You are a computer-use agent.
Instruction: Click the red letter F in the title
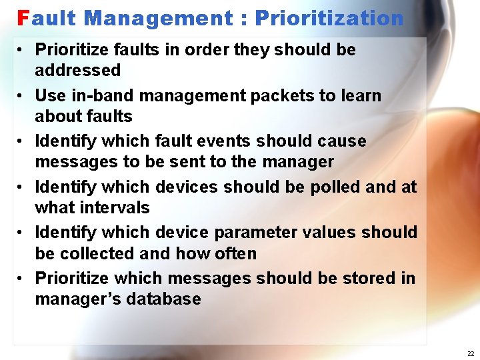click(23, 18)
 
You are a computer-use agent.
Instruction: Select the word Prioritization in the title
click(329, 18)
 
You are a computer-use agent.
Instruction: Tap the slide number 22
click(471, 353)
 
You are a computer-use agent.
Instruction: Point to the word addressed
click(77, 70)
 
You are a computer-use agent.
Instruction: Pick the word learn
click(361, 95)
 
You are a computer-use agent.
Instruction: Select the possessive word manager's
click(74, 299)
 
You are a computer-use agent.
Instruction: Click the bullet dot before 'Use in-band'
click(22, 96)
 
